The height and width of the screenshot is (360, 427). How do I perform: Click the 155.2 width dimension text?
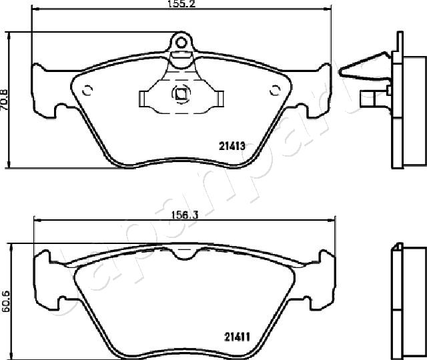tap(181, 4)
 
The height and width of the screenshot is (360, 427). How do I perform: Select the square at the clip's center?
tap(180, 94)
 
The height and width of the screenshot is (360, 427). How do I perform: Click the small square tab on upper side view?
tap(366, 99)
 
